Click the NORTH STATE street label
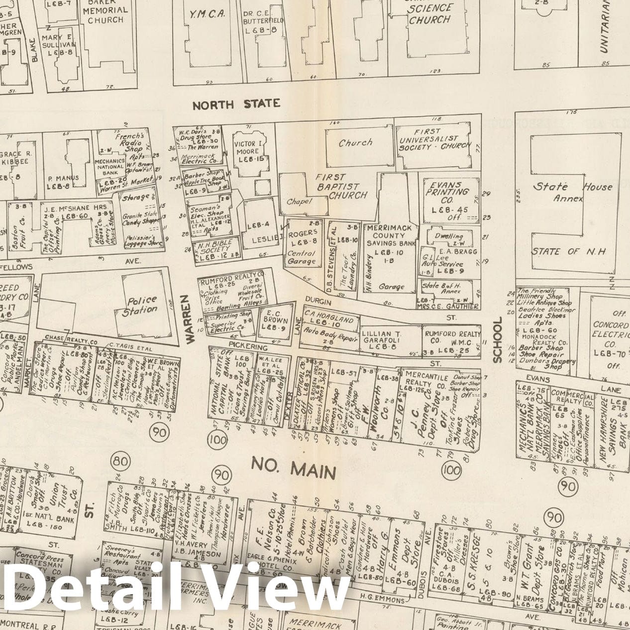pyautogui.click(x=236, y=104)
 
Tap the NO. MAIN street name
pyautogui.click(x=294, y=469)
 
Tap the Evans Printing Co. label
pyautogui.click(x=446, y=196)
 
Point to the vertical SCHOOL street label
pyautogui.click(x=497, y=339)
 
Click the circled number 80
pyautogui.click(x=120, y=461)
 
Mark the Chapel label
pyautogui.click(x=299, y=202)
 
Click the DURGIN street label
pyautogui.click(x=318, y=302)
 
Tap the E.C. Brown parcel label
pyautogui.click(x=275, y=320)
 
